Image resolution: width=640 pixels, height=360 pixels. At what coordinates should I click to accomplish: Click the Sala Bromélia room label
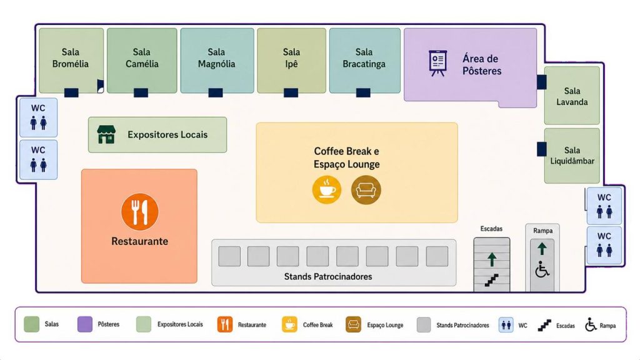click(70, 58)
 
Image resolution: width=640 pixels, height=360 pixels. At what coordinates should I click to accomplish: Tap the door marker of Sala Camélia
click(141, 92)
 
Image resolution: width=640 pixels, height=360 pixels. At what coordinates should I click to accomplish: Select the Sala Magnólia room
click(217, 61)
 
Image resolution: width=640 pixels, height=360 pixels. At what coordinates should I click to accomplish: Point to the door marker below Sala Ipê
click(291, 92)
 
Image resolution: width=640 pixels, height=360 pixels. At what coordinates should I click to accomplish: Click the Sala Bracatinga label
click(364, 58)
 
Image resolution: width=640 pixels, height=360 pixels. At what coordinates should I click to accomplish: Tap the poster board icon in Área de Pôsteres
click(438, 63)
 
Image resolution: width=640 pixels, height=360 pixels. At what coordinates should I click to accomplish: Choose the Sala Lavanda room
click(572, 96)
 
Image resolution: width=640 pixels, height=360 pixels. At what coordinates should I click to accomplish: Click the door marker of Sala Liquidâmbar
click(542, 149)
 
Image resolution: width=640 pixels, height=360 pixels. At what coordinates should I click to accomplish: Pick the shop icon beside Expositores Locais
click(106, 135)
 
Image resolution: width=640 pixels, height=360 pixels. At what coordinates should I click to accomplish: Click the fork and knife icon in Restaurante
click(139, 212)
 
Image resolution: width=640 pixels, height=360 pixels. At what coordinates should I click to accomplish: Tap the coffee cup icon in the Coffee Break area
click(327, 190)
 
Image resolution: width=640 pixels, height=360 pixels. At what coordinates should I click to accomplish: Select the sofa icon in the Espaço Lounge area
click(366, 190)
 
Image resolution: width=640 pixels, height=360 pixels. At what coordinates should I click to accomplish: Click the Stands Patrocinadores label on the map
click(328, 277)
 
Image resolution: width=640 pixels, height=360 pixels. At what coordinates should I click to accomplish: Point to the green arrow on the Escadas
click(492, 259)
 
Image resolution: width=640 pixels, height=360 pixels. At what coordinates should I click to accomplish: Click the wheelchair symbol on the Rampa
click(542, 269)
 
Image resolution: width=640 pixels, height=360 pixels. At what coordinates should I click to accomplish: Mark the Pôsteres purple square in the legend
click(85, 324)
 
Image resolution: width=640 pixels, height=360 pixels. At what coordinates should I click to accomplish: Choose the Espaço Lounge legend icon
click(354, 325)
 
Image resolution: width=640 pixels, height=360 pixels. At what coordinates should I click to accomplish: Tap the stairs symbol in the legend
click(544, 325)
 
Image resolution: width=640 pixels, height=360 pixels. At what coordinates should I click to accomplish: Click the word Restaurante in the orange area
click(139, 241)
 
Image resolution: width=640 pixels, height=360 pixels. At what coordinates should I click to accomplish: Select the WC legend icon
click(506, 325)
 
